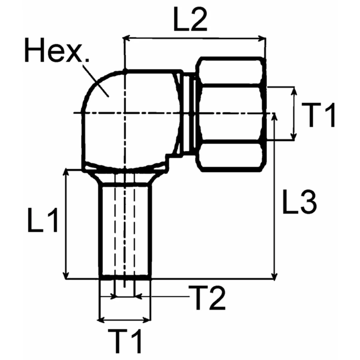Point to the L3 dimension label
[x=299, y=202]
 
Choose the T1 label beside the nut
[x=318, y=114]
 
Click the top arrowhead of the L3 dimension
[x=274, y=116]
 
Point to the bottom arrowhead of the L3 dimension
[x=274, y=276]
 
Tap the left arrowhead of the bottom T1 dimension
[x=101, y=320]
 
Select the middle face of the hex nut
[x=231, y=113]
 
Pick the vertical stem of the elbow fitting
[x=125, y=231]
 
